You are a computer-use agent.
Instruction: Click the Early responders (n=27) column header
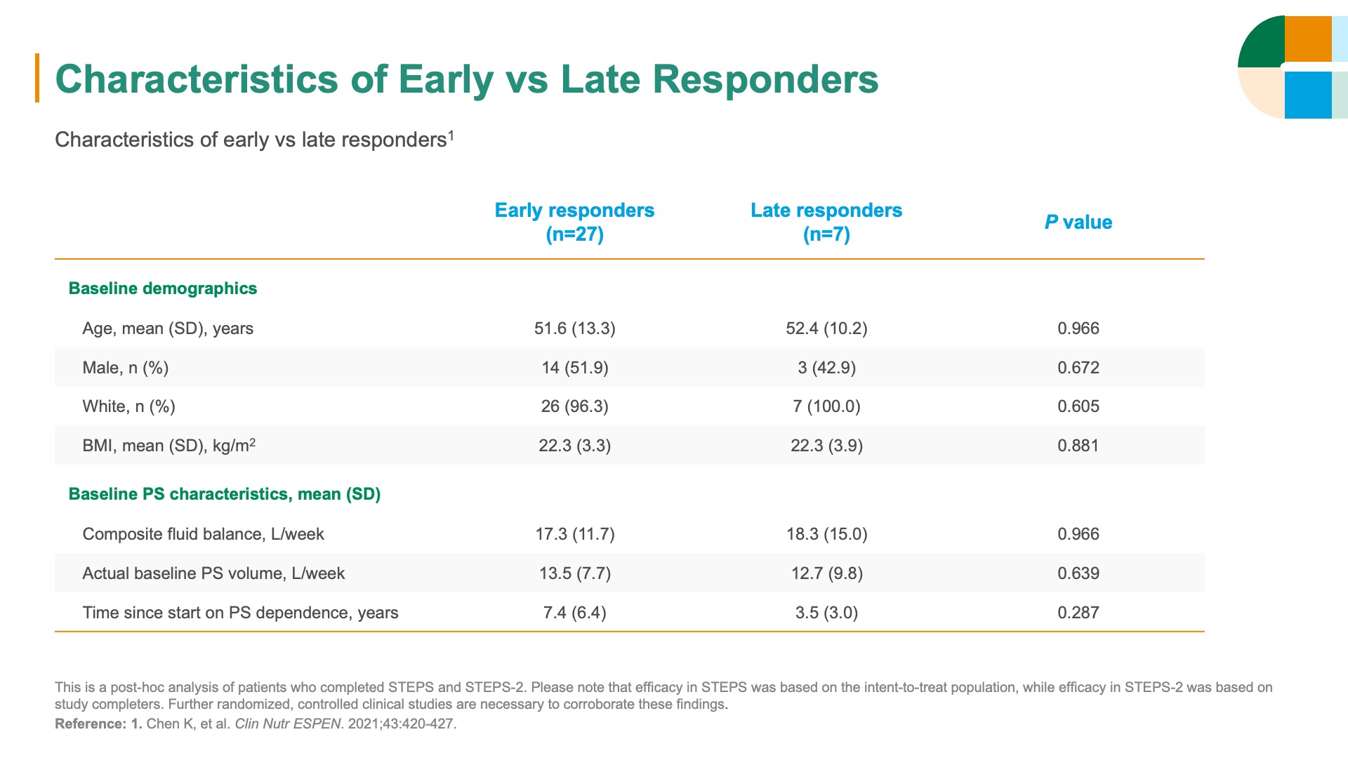click(x=574, y=222)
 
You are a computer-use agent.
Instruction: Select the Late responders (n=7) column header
click(x=826, y=222)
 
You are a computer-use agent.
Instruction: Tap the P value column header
click(x=1078, y=222)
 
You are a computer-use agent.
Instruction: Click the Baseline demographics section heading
click(x=163, y=288)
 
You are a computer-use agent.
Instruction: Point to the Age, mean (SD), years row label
click(x=168, y=328)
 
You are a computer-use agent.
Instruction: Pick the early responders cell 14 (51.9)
click(x=575, y=368)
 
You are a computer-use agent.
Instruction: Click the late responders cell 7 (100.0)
click(x=826, y=406)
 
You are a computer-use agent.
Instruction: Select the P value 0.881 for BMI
click(x=1078, y=446)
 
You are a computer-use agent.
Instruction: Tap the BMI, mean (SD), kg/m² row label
click(x=169, y=446)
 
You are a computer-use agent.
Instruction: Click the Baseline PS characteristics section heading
click(x=225, y=494)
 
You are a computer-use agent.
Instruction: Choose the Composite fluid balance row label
click(x=204, y=534)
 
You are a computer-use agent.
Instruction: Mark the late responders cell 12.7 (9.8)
click(x=827, y=573)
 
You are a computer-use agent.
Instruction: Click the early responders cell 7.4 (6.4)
click(x=575, y=613)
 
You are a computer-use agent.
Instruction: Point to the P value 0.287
click(x=1078, y=613)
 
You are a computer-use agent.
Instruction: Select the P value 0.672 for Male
click(x=1078, y=368)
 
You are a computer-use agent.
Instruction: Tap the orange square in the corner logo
click(x=1308, y=39)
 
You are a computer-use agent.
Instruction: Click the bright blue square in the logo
click(x=1308, y=95)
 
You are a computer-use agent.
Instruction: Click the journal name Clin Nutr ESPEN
click(x=288, y=724)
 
